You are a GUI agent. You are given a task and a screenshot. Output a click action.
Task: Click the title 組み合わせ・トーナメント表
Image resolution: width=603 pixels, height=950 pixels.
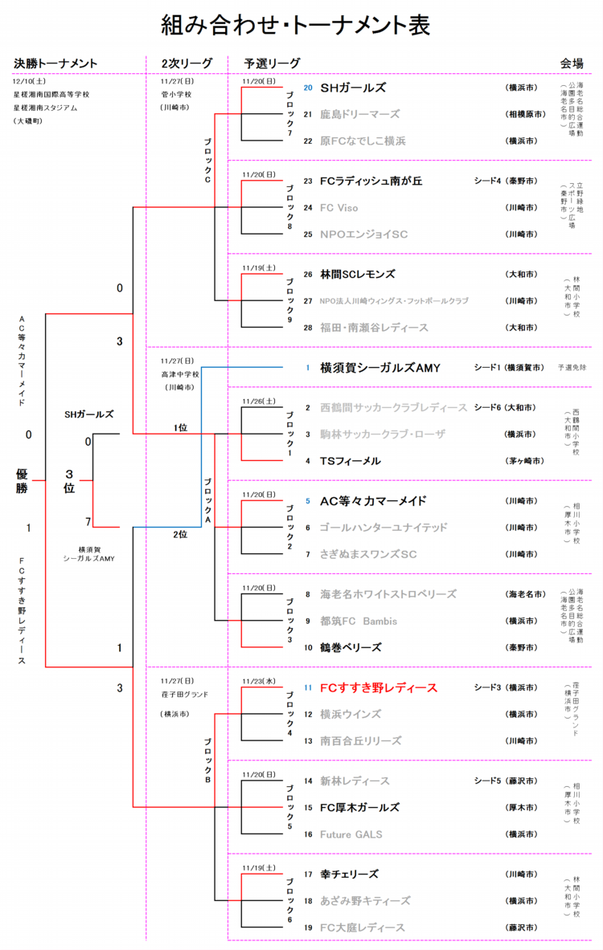pos(295,26)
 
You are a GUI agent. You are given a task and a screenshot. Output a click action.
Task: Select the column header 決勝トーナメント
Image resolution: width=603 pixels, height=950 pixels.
pos(55,64)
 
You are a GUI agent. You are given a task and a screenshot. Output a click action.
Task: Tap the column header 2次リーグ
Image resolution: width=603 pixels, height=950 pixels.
pos(187,64)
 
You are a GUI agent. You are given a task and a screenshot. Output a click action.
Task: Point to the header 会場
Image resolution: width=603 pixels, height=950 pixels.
pos(572,64)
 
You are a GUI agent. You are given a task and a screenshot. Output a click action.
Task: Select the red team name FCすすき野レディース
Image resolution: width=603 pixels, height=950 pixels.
pos(379,687)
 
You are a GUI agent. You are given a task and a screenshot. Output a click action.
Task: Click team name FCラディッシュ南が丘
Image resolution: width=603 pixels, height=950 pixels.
pos(371,181)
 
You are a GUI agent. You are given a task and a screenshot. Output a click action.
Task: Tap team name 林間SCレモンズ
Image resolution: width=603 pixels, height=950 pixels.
pos(357,274)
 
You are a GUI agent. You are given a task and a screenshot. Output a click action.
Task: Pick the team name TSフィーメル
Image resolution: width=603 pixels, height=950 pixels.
pos(350,461)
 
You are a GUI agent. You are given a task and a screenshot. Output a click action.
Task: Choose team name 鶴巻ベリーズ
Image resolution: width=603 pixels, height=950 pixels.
pos(351,647)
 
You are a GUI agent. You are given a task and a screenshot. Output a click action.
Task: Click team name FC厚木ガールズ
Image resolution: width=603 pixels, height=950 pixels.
pos(359,807)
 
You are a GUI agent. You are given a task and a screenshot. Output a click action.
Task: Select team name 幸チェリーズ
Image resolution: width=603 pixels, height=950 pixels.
pos(349,874)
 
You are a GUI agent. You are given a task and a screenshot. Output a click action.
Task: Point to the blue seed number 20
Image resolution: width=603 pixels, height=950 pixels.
pos(307,88)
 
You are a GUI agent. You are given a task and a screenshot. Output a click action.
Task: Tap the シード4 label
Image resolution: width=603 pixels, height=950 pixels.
pos(487,181)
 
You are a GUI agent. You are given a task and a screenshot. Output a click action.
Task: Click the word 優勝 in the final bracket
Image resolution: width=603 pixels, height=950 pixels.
pos(22,481)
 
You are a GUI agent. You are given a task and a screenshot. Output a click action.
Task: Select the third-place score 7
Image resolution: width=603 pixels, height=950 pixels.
pos(88,521)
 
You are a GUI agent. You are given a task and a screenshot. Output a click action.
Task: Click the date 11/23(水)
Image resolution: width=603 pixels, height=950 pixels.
pos(259,681)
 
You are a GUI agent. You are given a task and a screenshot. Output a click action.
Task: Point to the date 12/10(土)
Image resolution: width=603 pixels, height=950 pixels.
pos(30,81)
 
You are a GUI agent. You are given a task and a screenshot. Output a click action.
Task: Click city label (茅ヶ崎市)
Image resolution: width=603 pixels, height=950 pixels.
pos(523,461)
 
